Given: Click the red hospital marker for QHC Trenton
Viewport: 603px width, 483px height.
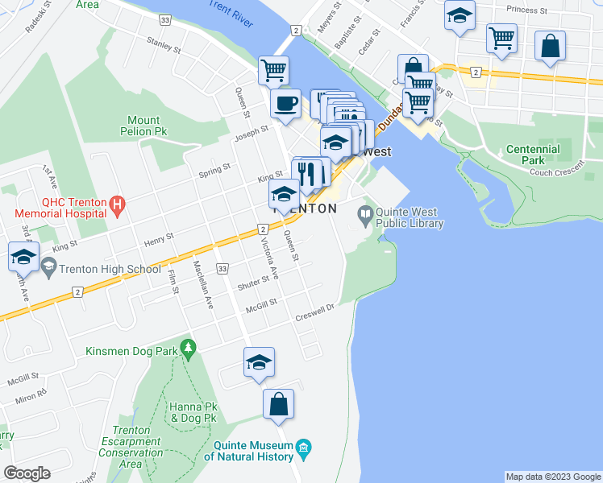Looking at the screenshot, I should [118, 204].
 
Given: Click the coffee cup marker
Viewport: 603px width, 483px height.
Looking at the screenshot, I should [285, 103].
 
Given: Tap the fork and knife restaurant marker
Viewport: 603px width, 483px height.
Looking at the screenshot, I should [306, 172].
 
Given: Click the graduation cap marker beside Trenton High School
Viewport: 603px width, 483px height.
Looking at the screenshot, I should [24, 258].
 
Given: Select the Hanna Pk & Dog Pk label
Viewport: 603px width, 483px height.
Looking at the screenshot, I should [192, 413].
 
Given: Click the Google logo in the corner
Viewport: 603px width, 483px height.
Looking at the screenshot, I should [27, 473].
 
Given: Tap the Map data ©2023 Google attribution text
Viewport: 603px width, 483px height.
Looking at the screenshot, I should [553, 477].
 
